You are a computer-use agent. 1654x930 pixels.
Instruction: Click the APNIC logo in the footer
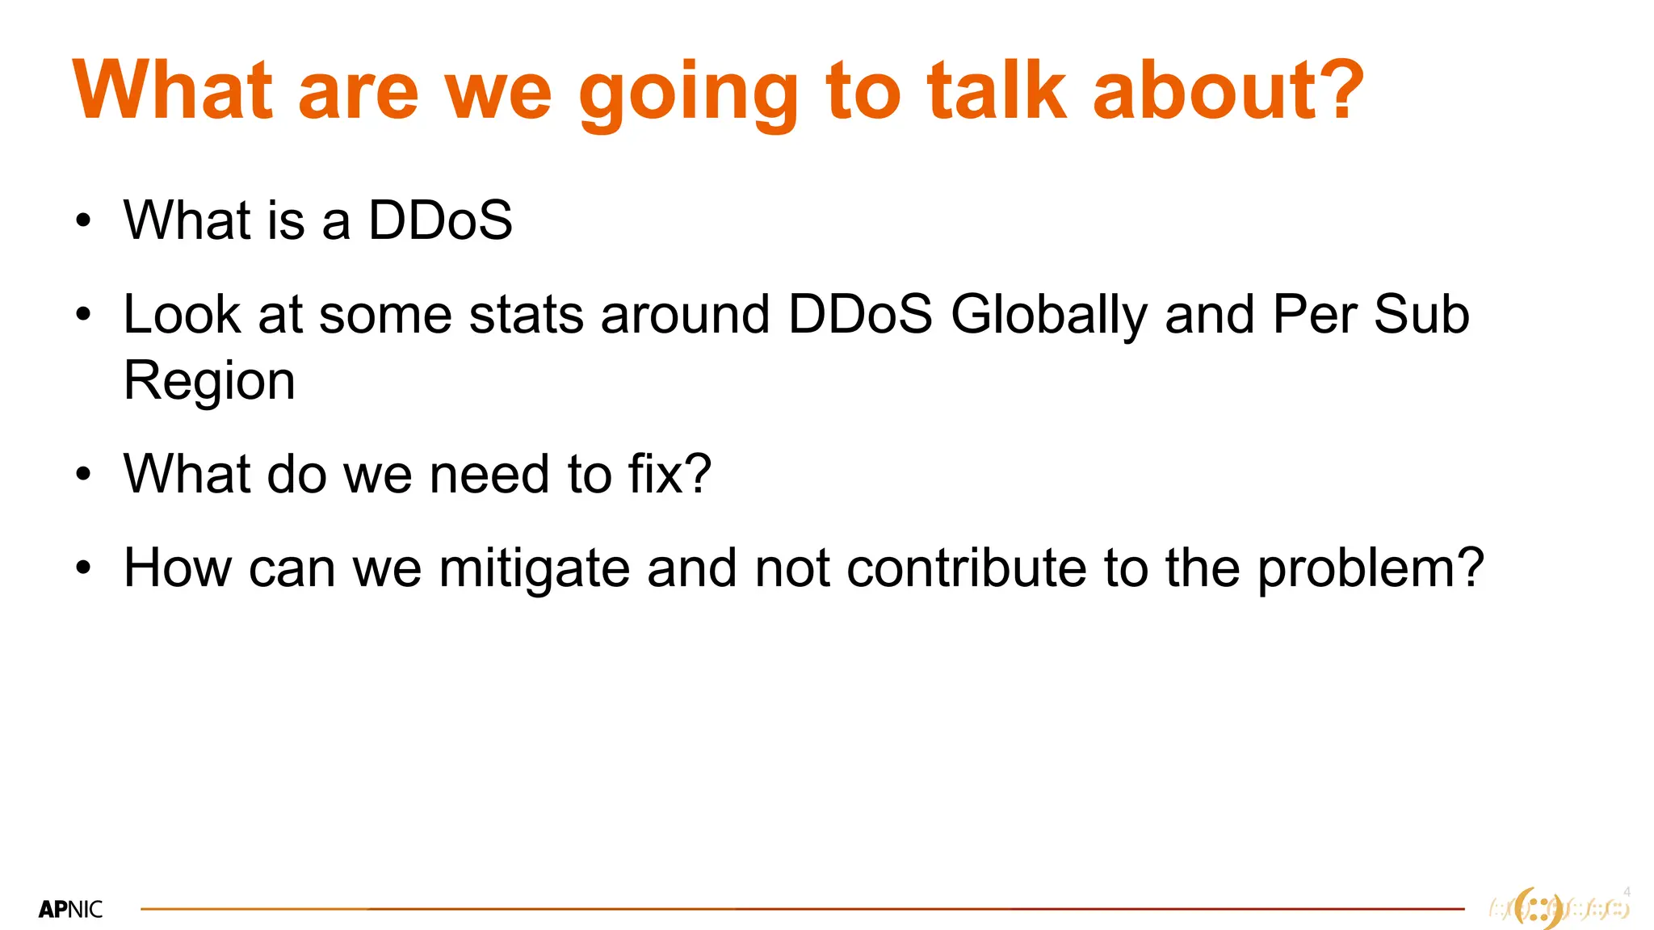[x=70, y=910]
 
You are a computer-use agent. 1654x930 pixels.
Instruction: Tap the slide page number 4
[x=1627, y=892]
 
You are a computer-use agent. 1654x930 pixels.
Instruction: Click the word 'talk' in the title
[x=997, y=90]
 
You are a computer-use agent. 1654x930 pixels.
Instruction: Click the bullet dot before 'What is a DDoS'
[x=83, y=220]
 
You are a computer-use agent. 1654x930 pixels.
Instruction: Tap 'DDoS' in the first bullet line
[x=440, y=220]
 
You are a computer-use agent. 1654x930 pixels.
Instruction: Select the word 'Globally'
[x=1048, y=316]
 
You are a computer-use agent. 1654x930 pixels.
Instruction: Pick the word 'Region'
[x=209, y=382]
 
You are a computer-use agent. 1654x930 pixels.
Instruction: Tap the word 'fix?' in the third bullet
[x=670, y=474]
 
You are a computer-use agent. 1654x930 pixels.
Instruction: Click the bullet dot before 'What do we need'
[x=83, y=475]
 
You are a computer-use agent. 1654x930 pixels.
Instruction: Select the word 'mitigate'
[x=534, y=570]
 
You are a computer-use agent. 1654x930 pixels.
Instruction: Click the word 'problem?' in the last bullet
[x=1371, y=570]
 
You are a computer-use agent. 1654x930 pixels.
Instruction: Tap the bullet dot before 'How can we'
[x=83, y=568]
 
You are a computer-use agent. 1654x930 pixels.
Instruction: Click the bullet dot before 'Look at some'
[x=83, y=315]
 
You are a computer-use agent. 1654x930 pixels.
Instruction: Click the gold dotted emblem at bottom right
[x=1559, y=909]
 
